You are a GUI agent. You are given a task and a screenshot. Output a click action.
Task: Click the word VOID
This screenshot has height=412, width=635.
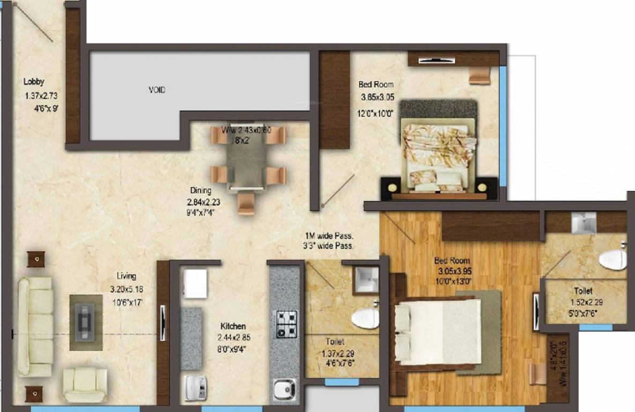tap(157, 90)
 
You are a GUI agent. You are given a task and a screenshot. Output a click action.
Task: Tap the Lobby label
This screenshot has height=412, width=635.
tap(34, 82)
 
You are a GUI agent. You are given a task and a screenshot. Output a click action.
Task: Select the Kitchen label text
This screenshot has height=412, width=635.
tap(233, 326)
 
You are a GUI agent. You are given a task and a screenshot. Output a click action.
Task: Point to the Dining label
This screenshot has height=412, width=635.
tap(200, 190)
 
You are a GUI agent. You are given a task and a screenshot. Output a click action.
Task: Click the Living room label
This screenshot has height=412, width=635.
tap(127, 276)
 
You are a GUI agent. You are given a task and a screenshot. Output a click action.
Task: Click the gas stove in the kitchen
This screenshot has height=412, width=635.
tap(286, 324)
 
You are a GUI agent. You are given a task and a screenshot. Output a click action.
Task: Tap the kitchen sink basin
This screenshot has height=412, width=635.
tap(284, 388)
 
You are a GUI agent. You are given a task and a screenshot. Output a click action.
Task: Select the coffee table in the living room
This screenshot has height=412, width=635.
tap(86, 322)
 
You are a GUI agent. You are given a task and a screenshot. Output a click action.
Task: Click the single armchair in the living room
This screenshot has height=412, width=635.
tap(84, 384)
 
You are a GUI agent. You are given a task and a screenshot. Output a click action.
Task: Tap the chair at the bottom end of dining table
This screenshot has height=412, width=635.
tap(246, 203)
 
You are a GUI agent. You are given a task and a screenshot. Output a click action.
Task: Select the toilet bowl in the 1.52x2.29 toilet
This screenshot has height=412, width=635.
tap(612, 260)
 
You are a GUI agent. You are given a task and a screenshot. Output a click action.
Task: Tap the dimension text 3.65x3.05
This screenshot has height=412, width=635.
tap(377, 98)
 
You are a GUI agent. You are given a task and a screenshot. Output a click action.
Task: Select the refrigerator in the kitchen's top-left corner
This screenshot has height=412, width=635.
tap(195, 283)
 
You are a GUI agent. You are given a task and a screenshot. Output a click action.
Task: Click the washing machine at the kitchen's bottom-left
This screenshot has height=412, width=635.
tap(195, 387)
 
